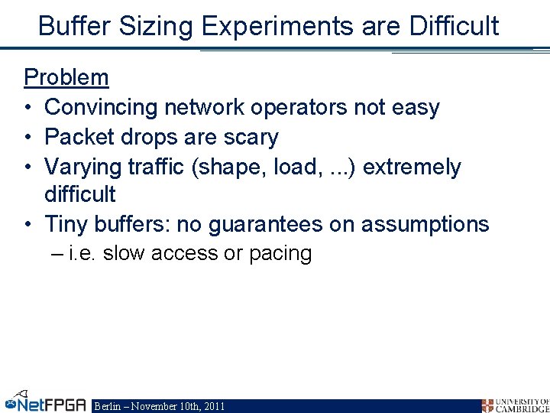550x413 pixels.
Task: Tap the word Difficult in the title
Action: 454,25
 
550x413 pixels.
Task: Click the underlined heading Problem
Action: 66,77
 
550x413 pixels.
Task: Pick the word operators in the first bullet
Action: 302,108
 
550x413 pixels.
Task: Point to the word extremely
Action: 412,167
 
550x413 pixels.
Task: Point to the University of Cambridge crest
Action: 487,405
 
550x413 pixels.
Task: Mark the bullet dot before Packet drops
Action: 28,138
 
